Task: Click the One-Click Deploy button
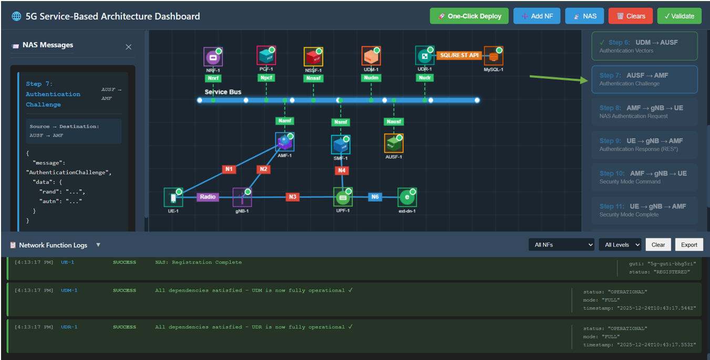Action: point(469,16)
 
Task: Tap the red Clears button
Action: point(630,16)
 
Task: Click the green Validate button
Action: point(679,16)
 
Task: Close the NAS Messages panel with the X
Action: point(129,47)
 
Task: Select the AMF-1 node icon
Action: point(284,142)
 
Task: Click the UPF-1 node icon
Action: point(343,198)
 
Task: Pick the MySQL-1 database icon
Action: point(493,56)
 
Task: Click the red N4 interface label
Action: point(342,170)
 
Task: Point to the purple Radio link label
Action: point(208,197)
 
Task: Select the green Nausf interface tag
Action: point(394,122)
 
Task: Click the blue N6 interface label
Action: point(375,197)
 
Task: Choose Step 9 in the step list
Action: point(644,145)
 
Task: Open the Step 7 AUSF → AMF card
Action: point(644,79)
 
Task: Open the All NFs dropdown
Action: point(561,244)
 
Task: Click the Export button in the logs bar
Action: point(689,244)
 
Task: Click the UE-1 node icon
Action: point(173,198)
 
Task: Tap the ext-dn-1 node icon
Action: point(407,198)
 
